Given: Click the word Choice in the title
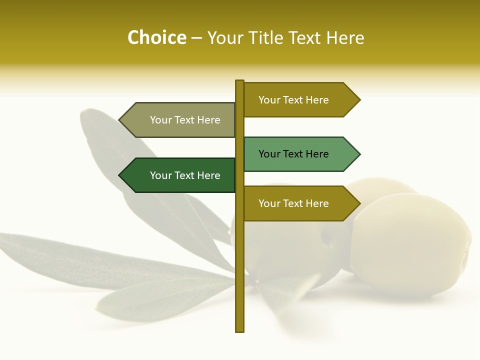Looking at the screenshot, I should pyautogui.click(x=156, y=38).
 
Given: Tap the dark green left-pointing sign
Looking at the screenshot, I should pyautogui.click(x=180, y=175).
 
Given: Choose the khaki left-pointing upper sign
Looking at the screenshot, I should pyautogui.click(x=180, y=120).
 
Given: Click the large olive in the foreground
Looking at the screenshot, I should pyautogui.click(x=410, y=245).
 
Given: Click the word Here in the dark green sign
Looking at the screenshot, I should pyautogui.click(x=208, y=175).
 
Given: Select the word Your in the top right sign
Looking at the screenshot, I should pyautogui.click(x=269, y=100).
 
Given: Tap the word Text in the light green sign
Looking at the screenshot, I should pyautogui.click(x=293, y=154).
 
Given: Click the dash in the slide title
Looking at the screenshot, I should pyautogui.click(x=197, y=38).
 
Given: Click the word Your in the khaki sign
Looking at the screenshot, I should pyautogui.click(x=161, y=120).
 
